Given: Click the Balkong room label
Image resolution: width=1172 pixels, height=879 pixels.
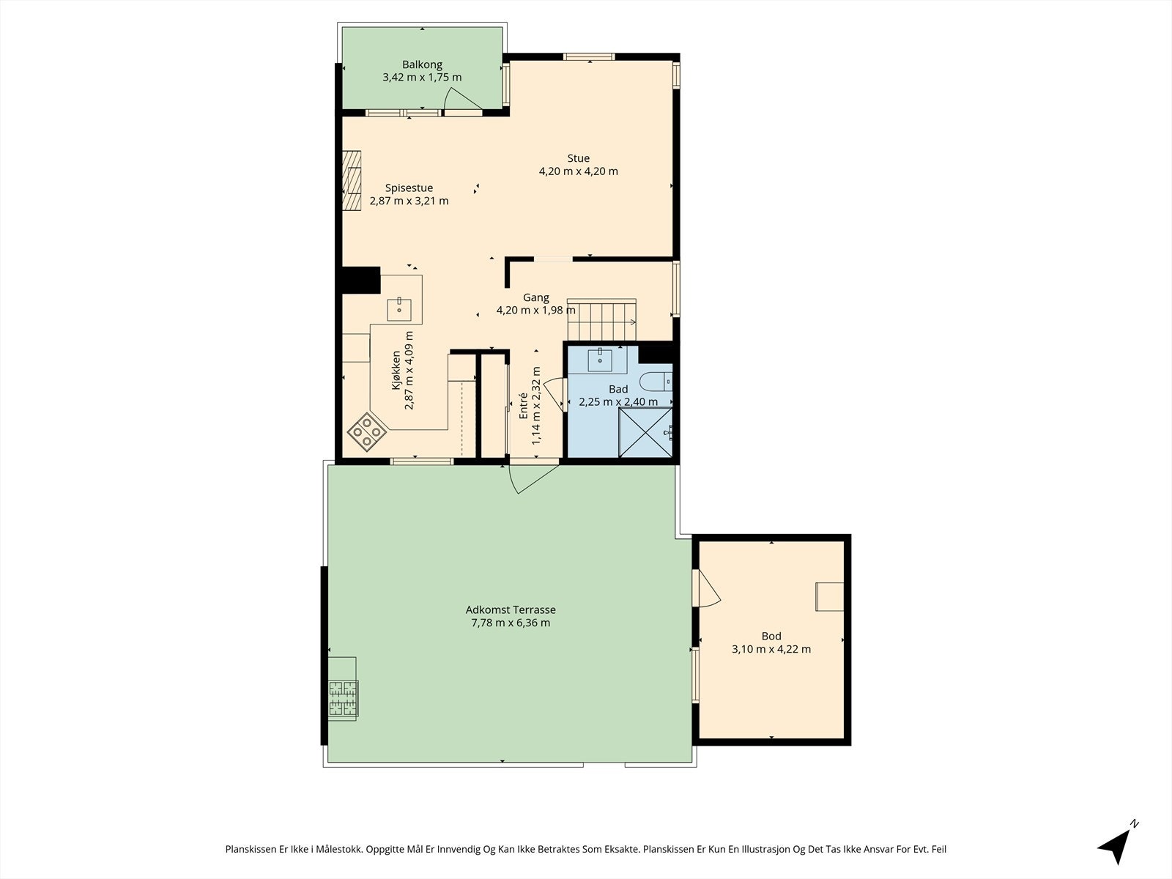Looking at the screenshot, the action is tap(422, 64).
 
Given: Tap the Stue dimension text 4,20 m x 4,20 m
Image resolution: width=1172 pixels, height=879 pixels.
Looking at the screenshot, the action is tap(578, 171).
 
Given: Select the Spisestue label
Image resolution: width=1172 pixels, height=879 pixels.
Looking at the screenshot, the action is tap(409, 188).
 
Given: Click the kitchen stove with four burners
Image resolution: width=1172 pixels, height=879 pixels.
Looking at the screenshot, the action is tap(367, 431).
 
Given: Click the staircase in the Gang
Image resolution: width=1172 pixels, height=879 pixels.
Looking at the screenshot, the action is tap(602, 319).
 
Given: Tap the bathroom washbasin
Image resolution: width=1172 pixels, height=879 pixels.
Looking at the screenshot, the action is tap(600, 359).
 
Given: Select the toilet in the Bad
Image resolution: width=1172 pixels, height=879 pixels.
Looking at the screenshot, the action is tap(656, 381).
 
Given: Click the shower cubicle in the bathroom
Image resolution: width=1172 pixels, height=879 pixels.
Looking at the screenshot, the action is tap(645, 432).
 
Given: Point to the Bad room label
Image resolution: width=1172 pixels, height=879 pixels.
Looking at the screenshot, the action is tap(618, 389).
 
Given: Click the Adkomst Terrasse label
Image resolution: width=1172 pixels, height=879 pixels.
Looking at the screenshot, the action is tap(511, 609).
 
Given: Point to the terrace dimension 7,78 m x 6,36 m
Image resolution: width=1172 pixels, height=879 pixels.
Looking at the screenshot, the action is tap(511, 623).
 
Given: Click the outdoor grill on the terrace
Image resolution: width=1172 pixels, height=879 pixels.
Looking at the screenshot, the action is tap(342, 689).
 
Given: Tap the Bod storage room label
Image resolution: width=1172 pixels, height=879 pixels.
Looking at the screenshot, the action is tap(771, 636).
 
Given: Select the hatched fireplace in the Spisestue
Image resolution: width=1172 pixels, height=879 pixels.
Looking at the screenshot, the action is tap(352, 181).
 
